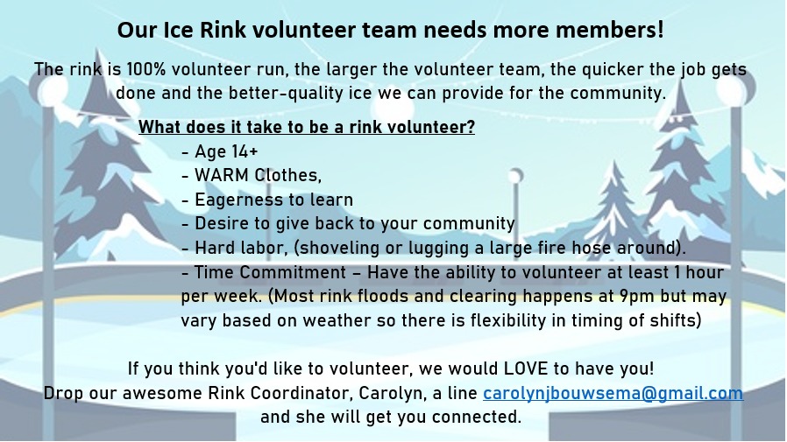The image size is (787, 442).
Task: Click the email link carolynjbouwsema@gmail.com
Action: tap(613, 393)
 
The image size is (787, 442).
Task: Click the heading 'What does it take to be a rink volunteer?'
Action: tap(307, 127)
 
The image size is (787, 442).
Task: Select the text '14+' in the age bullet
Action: tap(245, 151)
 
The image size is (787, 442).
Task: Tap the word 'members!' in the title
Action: tap(610, 30)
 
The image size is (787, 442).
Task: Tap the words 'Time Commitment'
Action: tap(270, 272)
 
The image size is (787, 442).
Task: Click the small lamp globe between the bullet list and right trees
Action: tap(515, 175)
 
